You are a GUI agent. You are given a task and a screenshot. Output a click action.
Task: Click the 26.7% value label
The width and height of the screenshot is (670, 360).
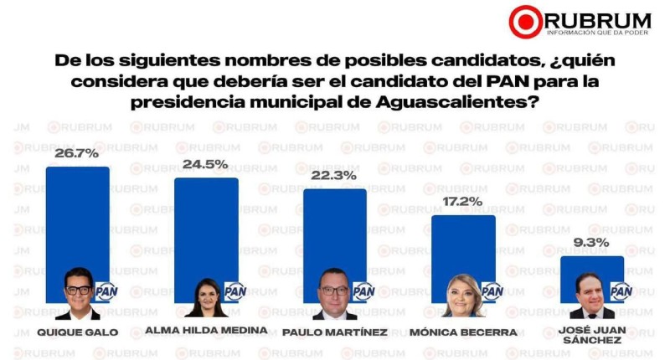pyautogui.click(x=77, y=155)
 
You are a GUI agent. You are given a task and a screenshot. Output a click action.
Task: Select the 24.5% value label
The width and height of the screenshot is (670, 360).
pyautogui.click(x=206, y=165)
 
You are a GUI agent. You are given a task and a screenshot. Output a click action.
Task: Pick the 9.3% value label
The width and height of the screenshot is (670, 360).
pyautogui.click(x=592, y=244)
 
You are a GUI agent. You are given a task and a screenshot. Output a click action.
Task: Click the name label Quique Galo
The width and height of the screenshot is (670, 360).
pyautogui.click(x=77, y=332)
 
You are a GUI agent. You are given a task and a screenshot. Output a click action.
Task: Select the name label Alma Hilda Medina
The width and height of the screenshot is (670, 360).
pyautogui.click(x=206, y=330)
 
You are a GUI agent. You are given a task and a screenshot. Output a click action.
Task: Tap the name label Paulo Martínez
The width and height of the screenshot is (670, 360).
pyautogui.click(x=335, y=332)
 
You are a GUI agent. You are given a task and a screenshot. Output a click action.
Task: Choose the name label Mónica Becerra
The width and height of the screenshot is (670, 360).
pyautogui.click(x=463, y=332)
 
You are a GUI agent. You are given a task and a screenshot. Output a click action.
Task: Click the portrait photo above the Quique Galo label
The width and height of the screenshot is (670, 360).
pyautogui.click(x=77, y=293)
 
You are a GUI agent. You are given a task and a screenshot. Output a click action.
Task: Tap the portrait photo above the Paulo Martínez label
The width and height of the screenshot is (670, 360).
pyautogui.click(x=333, y=293)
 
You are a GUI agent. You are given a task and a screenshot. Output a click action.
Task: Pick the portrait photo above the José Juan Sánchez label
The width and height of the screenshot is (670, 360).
pyautogui.click(x=591, y=295)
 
